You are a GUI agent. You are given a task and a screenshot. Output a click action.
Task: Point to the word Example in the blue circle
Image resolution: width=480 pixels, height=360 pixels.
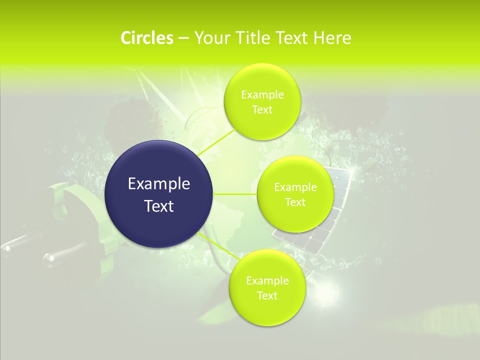point(159,184)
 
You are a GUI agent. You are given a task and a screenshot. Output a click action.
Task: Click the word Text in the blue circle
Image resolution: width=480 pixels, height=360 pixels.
point(159,206)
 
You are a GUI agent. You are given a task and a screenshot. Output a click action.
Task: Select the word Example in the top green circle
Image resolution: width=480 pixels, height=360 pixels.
point(262,95)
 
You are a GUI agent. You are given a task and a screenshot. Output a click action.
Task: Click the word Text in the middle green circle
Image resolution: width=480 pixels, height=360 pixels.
point(295,202)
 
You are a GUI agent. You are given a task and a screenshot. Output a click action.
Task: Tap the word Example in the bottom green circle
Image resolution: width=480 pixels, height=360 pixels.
point(267,281)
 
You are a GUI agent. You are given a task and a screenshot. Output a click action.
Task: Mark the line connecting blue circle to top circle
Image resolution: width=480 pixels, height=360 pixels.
point(217,141)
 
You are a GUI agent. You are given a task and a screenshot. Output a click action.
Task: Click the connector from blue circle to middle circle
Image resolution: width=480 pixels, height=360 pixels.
point(235,194)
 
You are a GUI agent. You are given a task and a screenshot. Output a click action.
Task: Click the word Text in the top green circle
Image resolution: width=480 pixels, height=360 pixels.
point(262,110)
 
